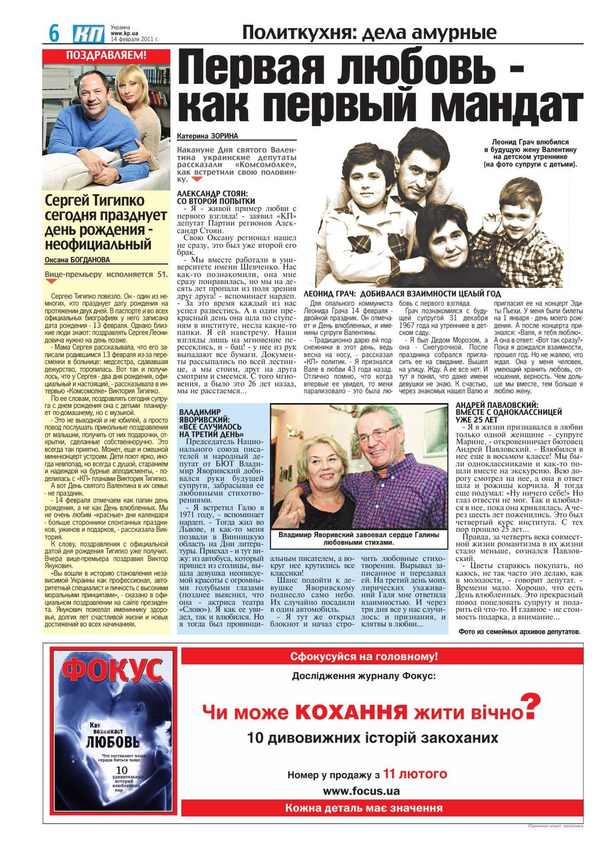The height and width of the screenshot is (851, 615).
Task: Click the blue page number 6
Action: tap(54, 34)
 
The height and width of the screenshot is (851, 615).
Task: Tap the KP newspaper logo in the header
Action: tap(89, 34)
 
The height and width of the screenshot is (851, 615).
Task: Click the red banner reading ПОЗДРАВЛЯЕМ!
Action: tap(106, 56)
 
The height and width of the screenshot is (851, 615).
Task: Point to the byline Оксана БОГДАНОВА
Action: tap(77, 260)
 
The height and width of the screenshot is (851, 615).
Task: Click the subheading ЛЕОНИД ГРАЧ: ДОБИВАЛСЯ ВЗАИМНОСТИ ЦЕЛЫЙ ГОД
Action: tap(402, 293)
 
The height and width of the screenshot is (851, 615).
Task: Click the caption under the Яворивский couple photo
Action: tap(359, 538)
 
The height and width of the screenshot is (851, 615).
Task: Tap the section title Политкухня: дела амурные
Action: tap(369, 32)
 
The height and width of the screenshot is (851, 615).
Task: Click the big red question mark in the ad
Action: tap(531, 706)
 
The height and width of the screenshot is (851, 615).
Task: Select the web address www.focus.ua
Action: tap(361, 791)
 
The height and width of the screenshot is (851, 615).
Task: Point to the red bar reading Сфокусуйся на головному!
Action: tap(364, 656)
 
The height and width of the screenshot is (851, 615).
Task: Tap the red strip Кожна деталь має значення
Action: tap(364, 808)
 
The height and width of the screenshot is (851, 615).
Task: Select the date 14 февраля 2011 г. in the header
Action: tap(134, 40)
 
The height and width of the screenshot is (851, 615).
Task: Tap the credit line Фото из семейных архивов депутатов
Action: tap(519, 631)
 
